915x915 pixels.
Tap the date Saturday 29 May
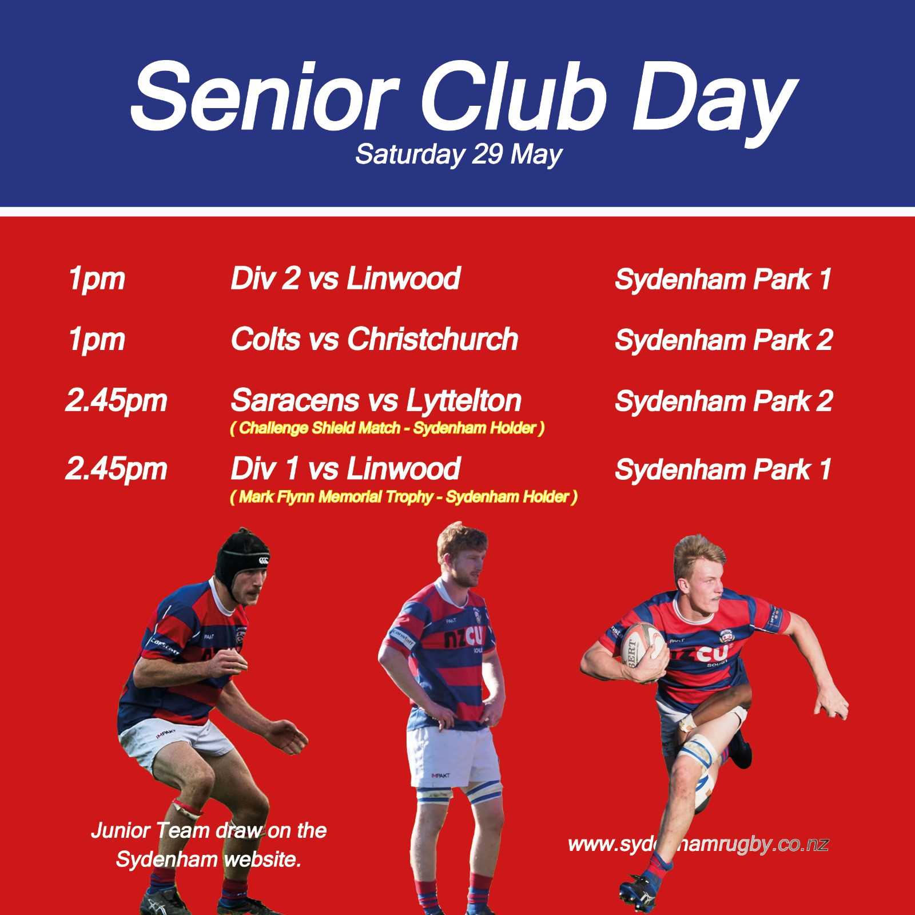pyautogui.click(x=459, y=154)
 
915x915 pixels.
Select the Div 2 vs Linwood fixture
pyautogui.click(x=345, y=279)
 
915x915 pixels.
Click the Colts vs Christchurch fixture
pyautogui.click(x=375, y=339)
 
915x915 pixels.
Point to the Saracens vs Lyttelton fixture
pyautogui.click(x=376, y=400)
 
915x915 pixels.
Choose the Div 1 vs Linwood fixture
pyautogui.click(x=345, y=469)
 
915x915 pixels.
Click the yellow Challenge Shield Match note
pyautogui.click(x=387, y=428)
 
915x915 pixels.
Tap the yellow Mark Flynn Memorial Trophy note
pyautogui.click(x=403, y=497)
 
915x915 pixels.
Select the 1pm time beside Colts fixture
pyautogui.click(x=96, y=340)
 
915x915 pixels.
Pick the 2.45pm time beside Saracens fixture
pyautogui.click(x=116, y=400)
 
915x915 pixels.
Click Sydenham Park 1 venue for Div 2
pyautogui.click(x=723, y=280)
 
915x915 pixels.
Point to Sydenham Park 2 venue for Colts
pyautogui.click(x=723, y=340)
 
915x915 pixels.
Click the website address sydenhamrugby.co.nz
pyautogui.click(x=698, y=844)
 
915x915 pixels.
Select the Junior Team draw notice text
pyautogui.click(x=209, y=845)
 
